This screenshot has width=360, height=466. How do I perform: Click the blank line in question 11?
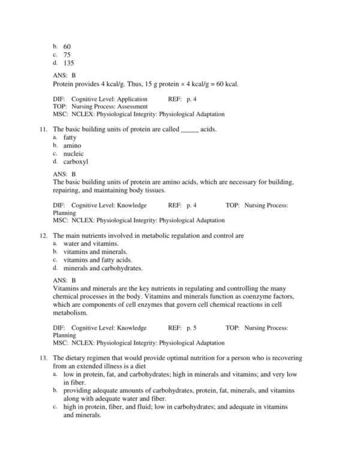point(189,130)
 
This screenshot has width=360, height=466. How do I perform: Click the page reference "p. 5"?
point(191,328)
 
